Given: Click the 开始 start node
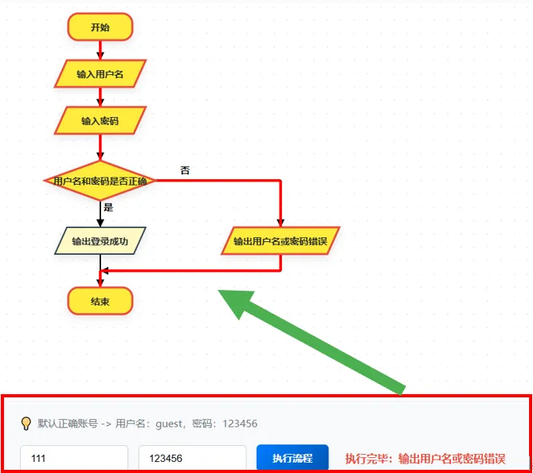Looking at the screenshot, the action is point(100,27).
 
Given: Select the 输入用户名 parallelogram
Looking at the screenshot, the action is point(100,74).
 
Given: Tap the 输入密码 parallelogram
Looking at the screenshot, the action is point(100,120).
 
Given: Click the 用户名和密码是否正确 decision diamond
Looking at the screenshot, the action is point(100,181).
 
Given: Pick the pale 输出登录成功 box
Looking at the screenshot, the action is point(100,241).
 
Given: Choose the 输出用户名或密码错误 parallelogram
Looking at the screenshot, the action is point(280,241).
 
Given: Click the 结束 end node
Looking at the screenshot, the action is point(100,301).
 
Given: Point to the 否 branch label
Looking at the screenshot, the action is point(185,170).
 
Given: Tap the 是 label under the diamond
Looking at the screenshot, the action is point(108,207).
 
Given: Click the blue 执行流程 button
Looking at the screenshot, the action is point(292,458).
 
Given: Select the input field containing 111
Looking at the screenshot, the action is point(74,458).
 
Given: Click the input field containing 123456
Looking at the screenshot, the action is point(192,458).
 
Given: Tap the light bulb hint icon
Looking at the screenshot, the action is point(26,424).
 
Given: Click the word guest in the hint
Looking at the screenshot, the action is point(169,424).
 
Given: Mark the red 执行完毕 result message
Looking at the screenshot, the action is point(425,459).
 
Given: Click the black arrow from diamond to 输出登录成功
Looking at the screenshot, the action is point(100,213).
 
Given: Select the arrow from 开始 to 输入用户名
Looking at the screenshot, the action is point(100,50).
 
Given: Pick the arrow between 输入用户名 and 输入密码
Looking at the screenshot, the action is point(100,97).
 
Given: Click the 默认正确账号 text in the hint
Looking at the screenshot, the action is point(68,424).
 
